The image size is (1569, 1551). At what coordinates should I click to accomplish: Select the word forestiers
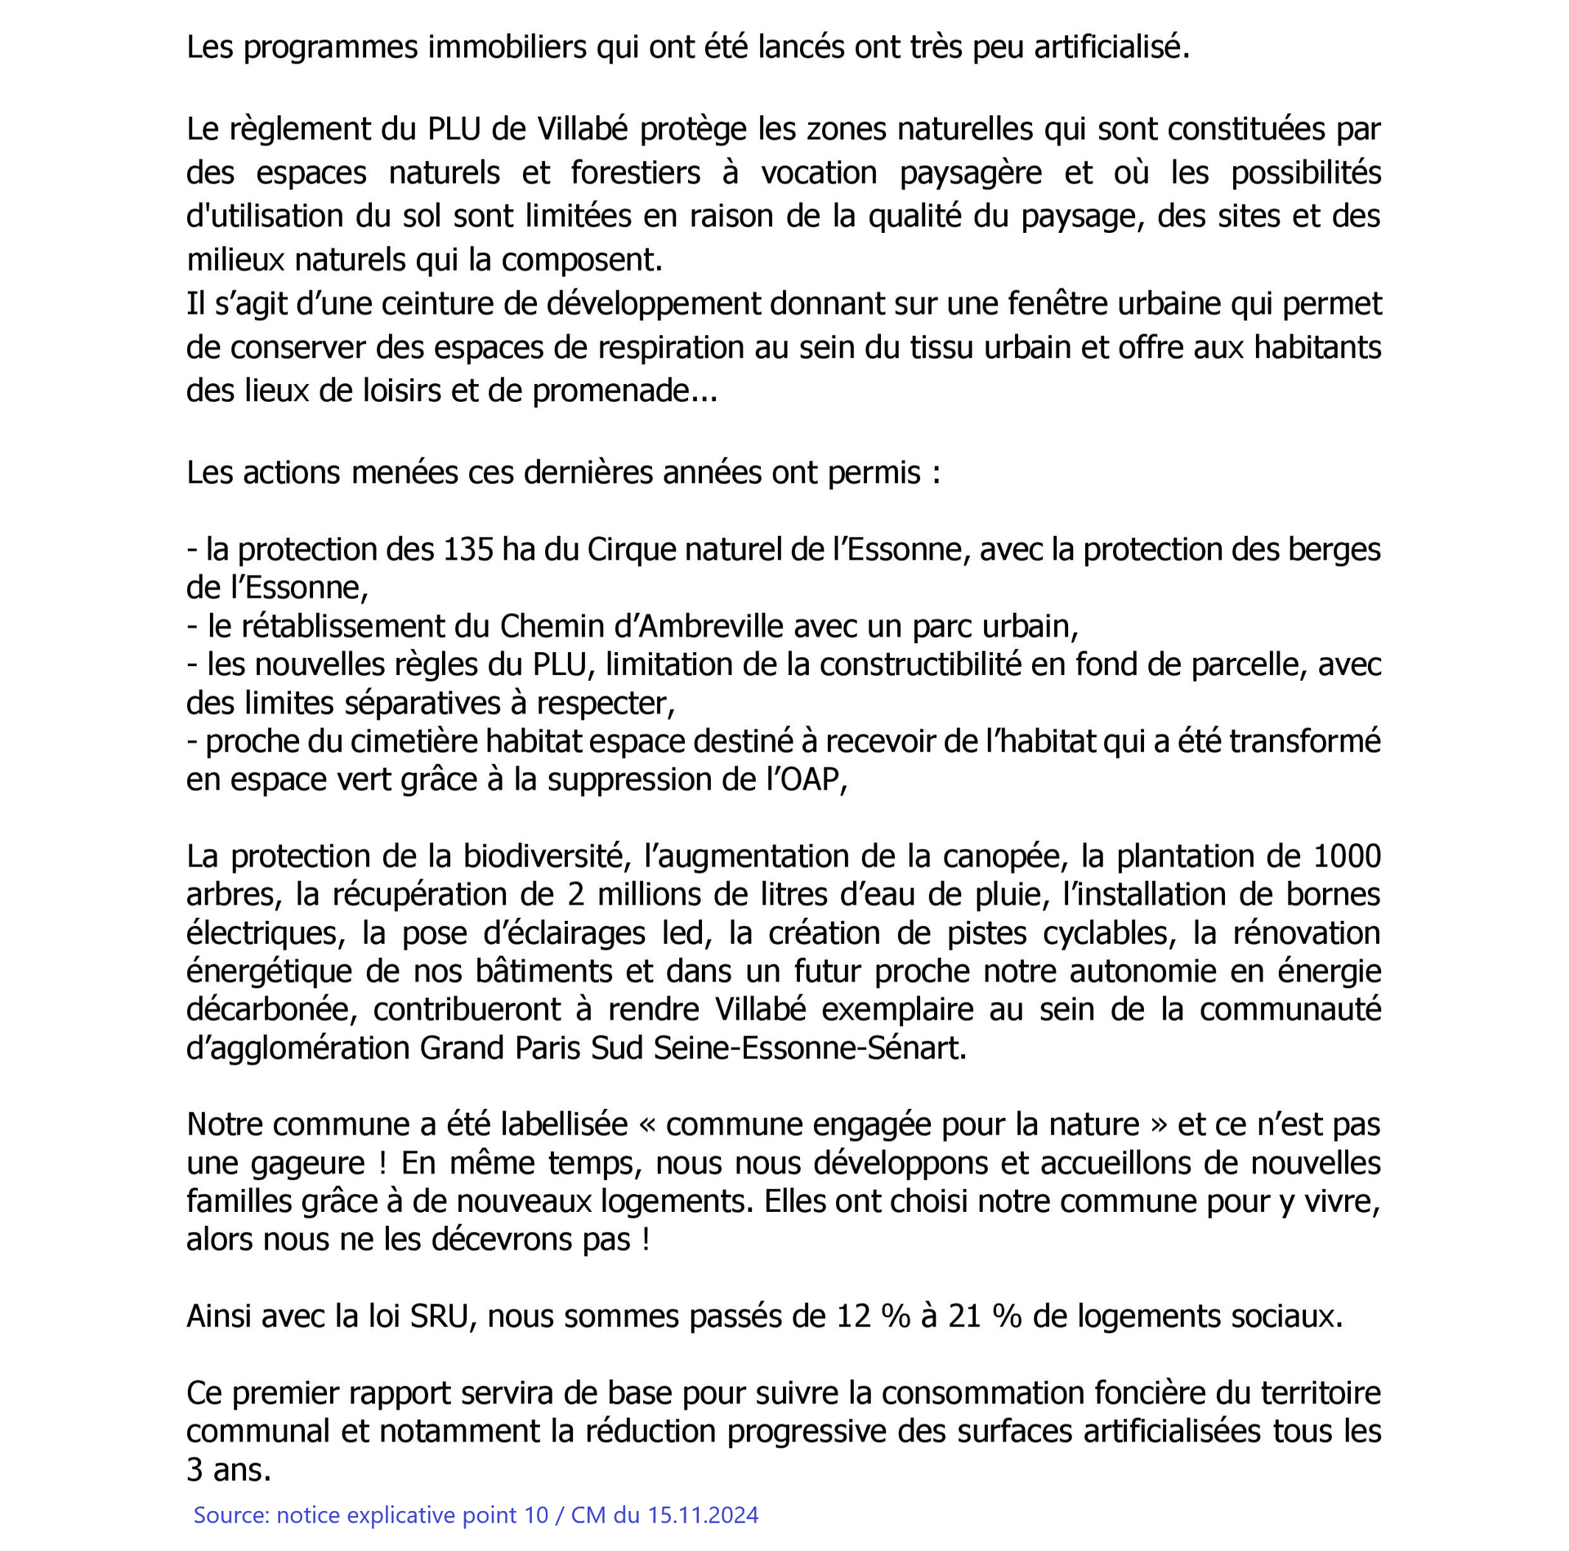click(635, 172)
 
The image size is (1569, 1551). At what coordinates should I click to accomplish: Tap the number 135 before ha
click(468, 549)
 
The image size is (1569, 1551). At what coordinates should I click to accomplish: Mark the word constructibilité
click(919, 664)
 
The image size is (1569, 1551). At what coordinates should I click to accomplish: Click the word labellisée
click(564, 1124)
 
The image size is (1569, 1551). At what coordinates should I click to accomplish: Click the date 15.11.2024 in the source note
click(703, 1515)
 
